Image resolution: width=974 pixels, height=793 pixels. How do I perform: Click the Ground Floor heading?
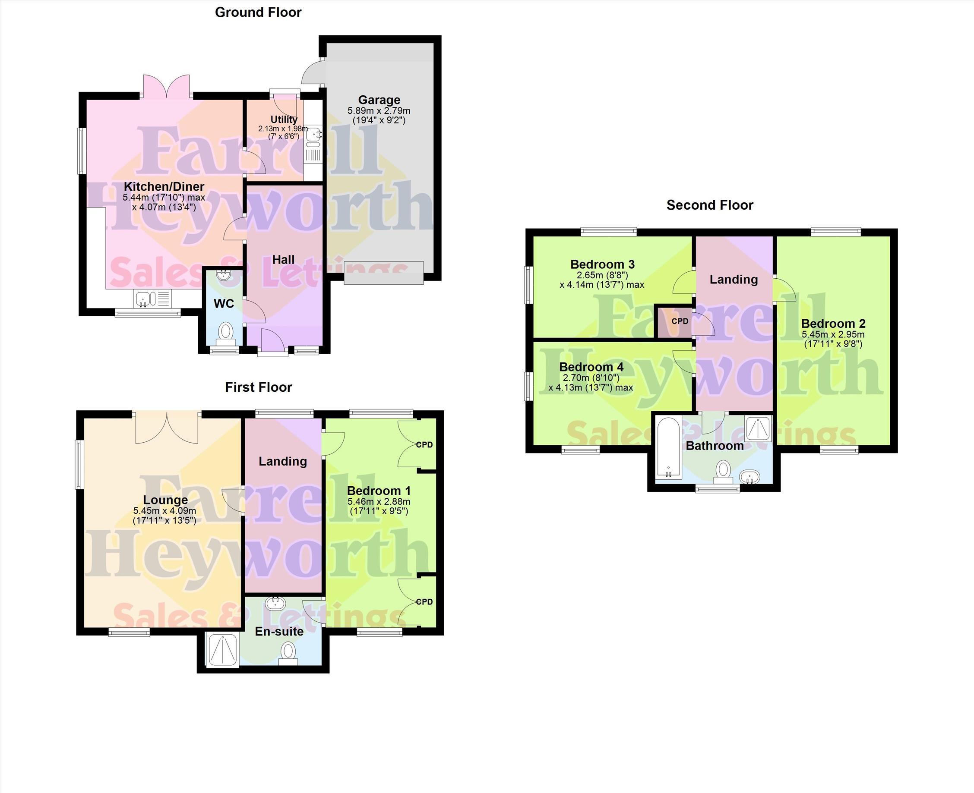[x=258, y=13]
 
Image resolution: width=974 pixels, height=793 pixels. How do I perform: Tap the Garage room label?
[x=379, y=100]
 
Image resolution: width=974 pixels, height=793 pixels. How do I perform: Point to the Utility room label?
[x=284, y=119]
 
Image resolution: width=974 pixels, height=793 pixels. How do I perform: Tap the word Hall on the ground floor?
[x=283, y=259]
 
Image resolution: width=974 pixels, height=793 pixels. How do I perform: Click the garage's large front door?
[x=384, y=273]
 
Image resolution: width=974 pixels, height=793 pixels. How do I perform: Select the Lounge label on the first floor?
[x=165, y=500]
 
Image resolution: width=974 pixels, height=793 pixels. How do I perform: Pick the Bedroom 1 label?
[x=379, y=491]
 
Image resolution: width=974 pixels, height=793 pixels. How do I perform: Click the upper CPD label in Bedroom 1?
[x=424, y=444]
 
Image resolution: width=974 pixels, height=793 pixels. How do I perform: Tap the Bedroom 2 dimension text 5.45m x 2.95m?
[x=833, y=334]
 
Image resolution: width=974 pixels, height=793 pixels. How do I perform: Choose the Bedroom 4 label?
[x=591, y=367]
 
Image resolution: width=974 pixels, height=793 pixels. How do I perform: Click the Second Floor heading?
[x=709, y=205]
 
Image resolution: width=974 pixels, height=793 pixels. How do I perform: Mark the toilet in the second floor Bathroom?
[x=723, y=472]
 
